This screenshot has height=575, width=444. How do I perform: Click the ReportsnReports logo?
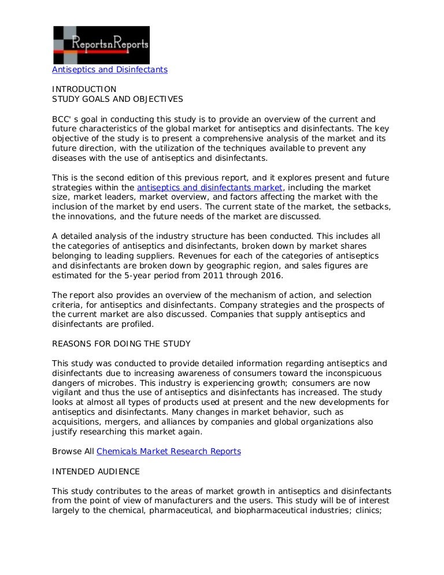pyautogui.click(x=101, y=45)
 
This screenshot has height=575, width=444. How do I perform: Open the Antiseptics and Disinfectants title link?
pyautogui.click(x=110, y=69)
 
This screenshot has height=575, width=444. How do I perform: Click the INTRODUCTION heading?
pyautogui.click(x=84, y=89)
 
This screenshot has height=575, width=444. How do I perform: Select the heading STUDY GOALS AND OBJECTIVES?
pyautogui.click(x=117, y=99)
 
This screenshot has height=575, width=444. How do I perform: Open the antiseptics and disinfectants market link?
pyautogui.click(x=210, y=187)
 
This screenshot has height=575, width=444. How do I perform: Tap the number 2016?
pyautogui.click(x=269, y=276)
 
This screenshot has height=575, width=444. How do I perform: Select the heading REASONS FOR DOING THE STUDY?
pyautogui.click(x=121, y=344)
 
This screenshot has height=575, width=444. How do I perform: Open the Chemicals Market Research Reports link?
pyautogui.click(x=169, y=451)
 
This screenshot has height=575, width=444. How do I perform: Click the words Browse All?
pyautogui.click(x=73, y=451)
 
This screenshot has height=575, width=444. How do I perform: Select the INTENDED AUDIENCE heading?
pyautogui.click(x=95, y=471)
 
